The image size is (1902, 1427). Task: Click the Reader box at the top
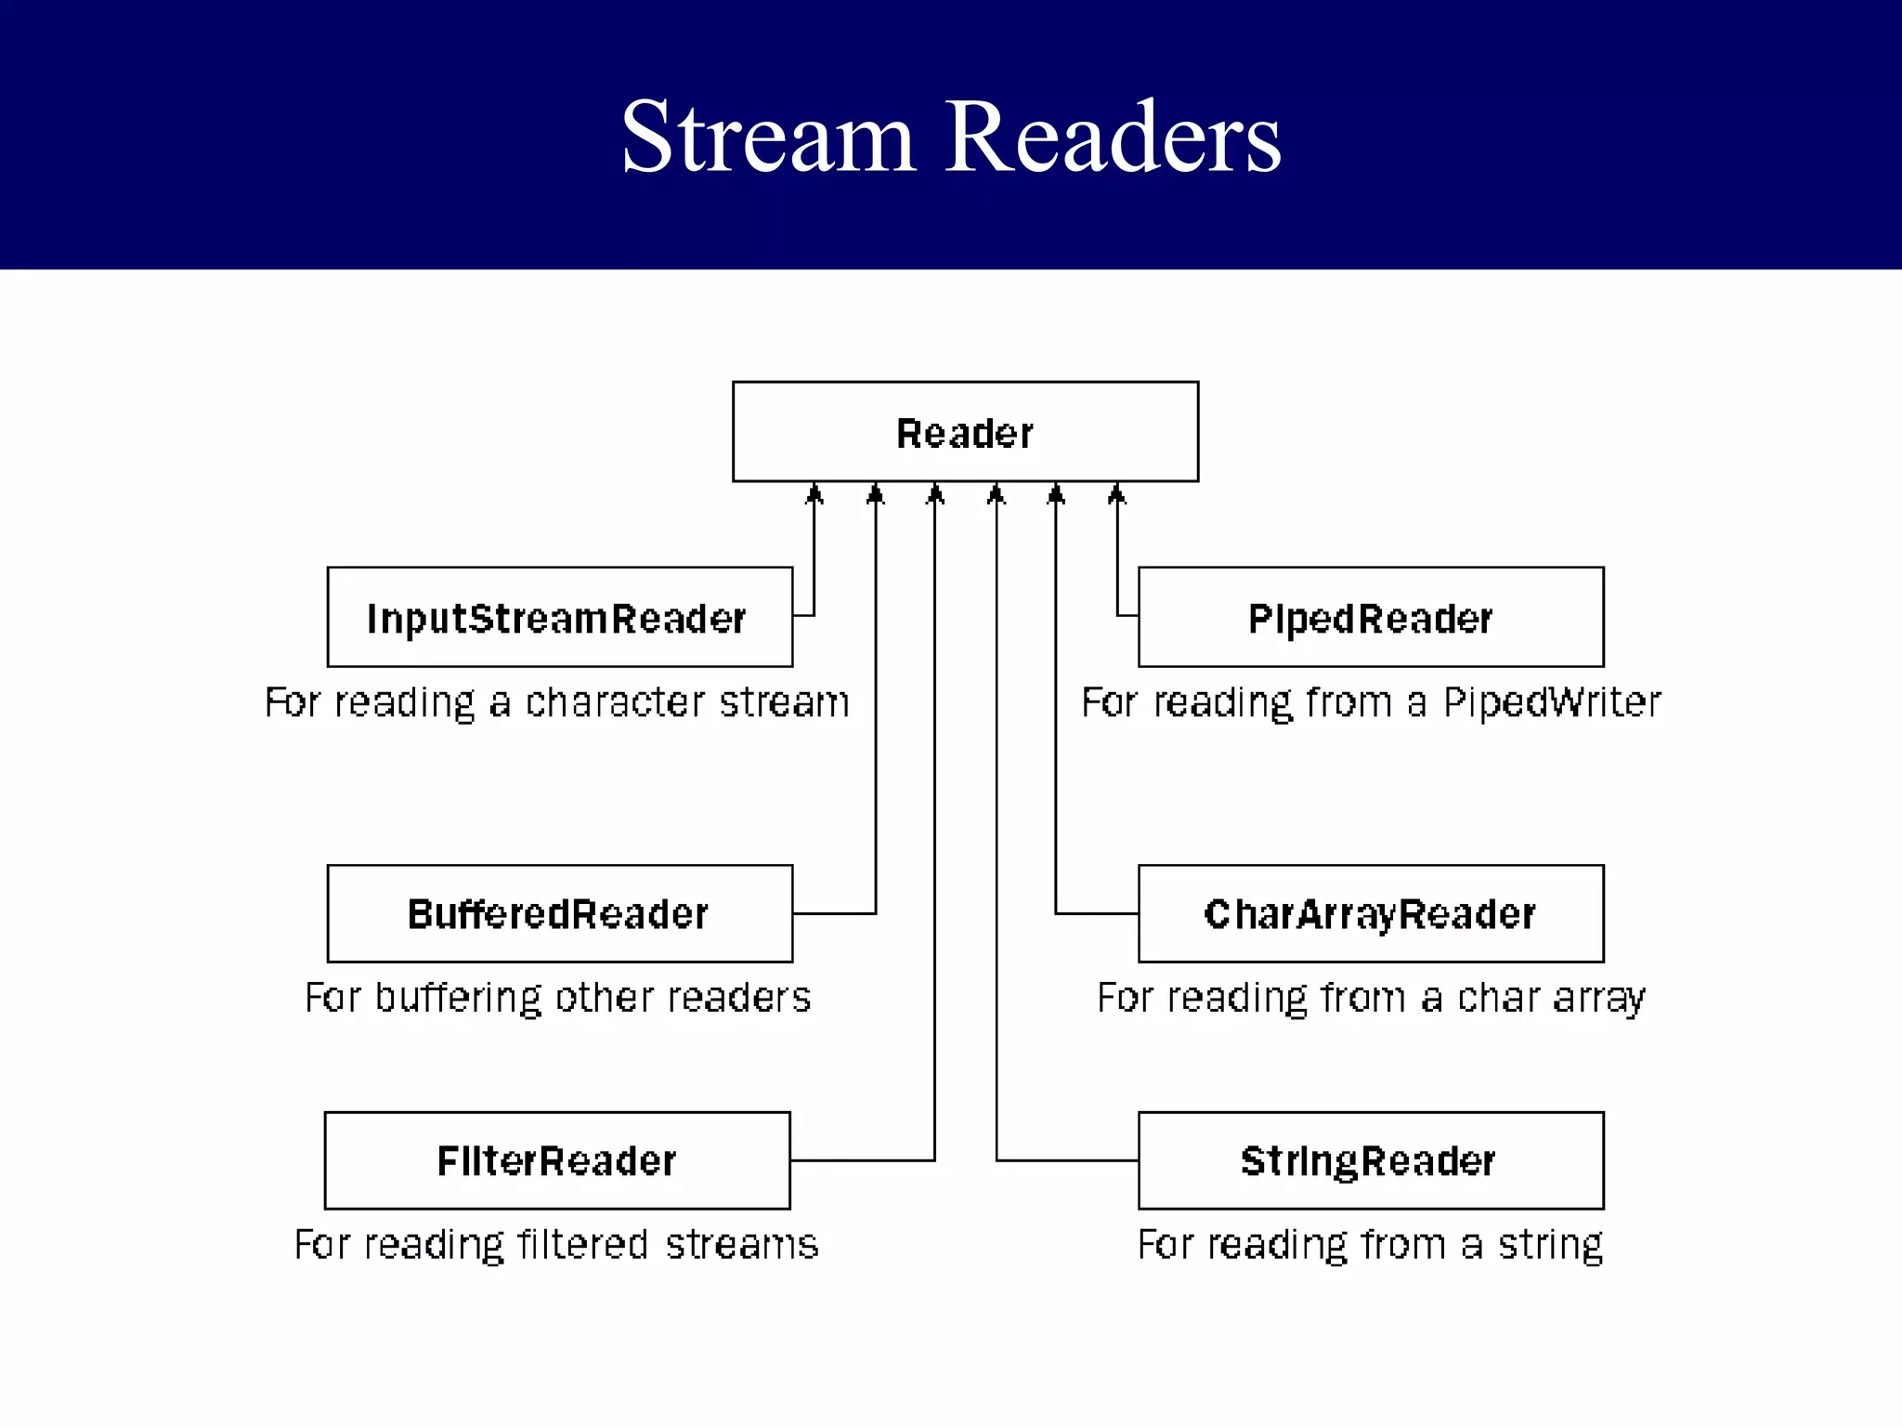pos(965,432)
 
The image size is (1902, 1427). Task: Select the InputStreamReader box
pos(559,617)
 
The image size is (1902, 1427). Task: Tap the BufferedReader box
pos(559,914)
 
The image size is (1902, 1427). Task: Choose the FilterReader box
pos(557,1160)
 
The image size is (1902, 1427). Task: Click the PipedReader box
pos(1371,617)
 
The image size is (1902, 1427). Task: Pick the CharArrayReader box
pos(1371,914)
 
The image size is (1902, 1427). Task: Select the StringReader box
pos(1371,1160)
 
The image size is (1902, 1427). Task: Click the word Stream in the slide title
pos(769,137)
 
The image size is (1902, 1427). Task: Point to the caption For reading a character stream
pos(557,702)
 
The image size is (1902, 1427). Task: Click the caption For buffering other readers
pos(557,998)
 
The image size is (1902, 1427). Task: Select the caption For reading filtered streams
pos(556,1244)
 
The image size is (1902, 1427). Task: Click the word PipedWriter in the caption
pos(1552,702)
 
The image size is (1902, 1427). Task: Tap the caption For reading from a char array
pos(1371,998)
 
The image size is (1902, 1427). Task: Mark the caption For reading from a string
pos(1371,1244)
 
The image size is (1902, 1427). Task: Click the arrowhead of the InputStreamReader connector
pos(814,493)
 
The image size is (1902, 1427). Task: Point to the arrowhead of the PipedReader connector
pos(1117,493)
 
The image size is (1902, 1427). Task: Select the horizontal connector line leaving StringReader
pos(1068,1160)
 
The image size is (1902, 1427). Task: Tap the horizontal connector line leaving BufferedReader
pos(834,914)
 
